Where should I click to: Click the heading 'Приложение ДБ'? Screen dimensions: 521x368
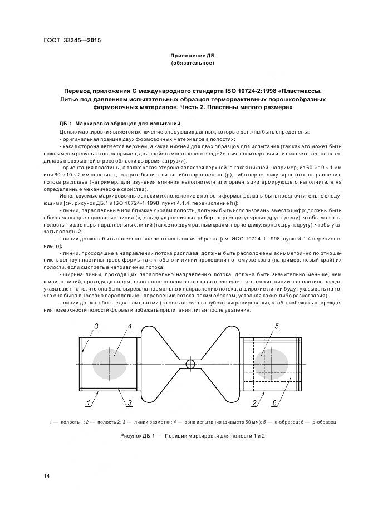coord(192,56)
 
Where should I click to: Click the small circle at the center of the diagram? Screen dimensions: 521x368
coord(190,363)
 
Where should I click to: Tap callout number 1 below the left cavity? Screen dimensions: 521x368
coord(87,402)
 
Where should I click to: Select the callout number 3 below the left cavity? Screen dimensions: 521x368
coord(129,402)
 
